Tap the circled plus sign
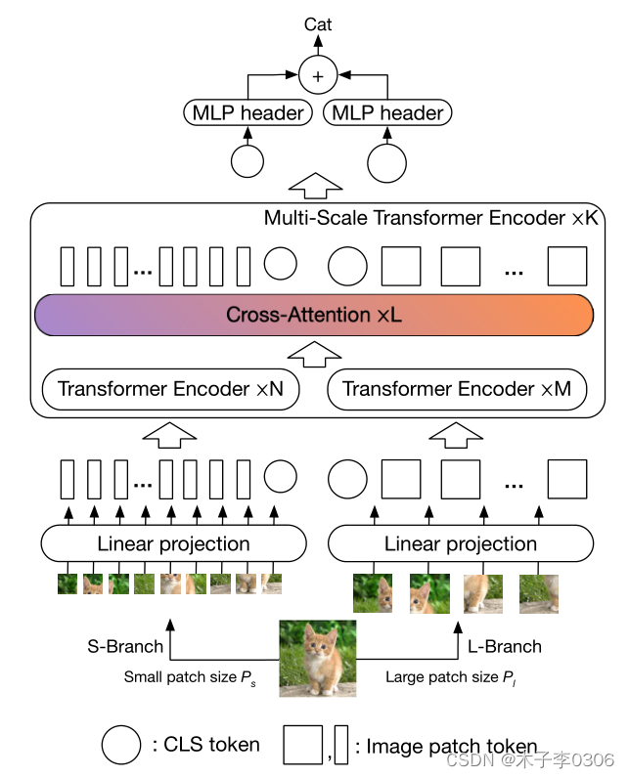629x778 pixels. click(x=318, y=73)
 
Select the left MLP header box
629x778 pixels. click(x=247, y=113)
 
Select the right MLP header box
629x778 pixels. click(x=387, y=113)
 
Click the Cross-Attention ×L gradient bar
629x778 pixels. click(x=314, y=315)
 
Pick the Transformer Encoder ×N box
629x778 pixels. click(x=170, y=389)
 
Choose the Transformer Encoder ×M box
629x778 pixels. click(x=457, y=389)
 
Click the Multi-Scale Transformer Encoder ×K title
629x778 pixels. click(x=430, y=217)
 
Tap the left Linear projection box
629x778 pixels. click(x=173, y=543)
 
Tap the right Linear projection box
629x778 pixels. click(x=461, y=543)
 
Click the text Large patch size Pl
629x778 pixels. click(x=451, y=676)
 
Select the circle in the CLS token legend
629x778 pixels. click(x=122, y=745)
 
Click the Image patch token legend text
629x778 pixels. click(x=445, y=747)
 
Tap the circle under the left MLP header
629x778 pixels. click(x=247, y=160)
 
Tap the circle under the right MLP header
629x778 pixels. click(x=387, y=160)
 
